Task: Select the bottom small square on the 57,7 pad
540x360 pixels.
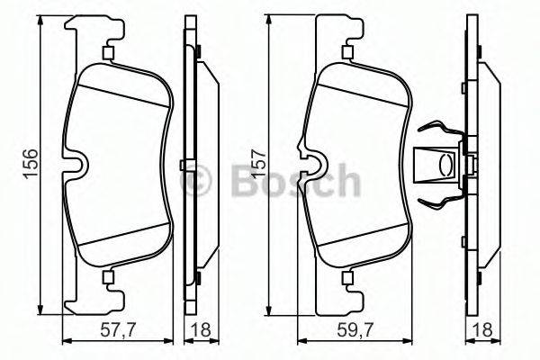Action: [108, 277]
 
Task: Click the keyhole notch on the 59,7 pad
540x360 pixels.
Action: [314, 165]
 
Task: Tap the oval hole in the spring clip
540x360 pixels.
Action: [443, 165]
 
